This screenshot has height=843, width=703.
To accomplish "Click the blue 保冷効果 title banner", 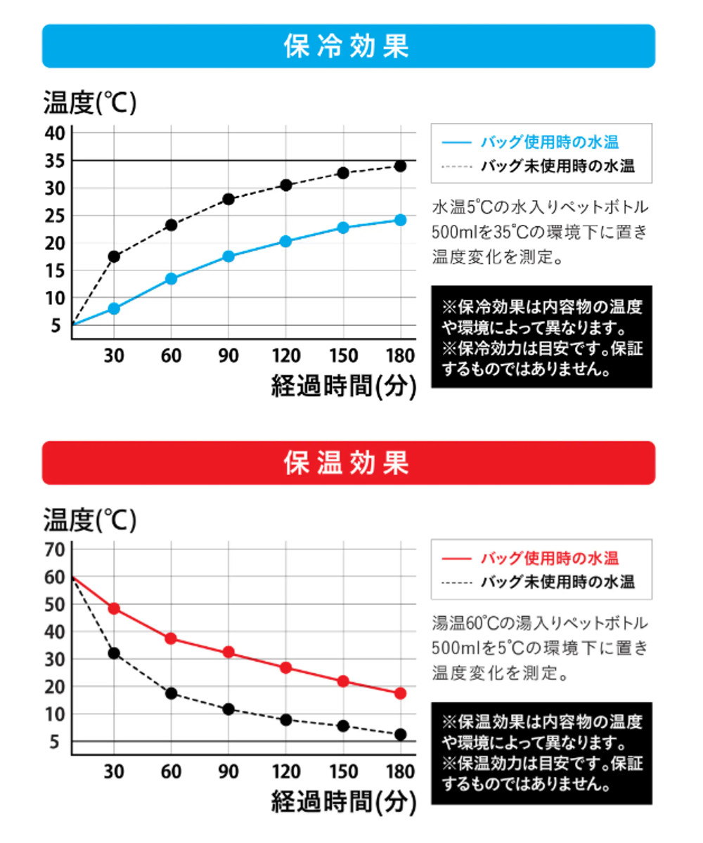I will click(x=348, y=46).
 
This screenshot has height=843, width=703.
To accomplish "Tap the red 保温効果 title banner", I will click(x=348, y=463).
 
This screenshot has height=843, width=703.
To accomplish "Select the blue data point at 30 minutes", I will click(x=114, y=308).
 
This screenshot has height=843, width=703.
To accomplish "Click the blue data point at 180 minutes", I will click(x=400, y=220).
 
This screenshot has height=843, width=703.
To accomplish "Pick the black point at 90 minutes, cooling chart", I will click(x=228, y=199).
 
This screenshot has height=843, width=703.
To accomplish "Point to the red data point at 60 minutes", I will click(x=171, y=639).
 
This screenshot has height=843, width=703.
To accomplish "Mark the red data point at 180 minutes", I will click(x=400, y=693).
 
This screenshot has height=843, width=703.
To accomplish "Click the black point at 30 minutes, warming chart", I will click(x=114, y=653).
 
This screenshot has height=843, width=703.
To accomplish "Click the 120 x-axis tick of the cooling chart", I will click(x=285, y=356).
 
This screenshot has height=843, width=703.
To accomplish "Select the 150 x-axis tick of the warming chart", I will click(x=343, y=771).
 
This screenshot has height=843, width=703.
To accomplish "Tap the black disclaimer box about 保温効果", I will click(x=541, y=753).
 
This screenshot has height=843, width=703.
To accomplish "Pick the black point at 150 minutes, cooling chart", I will click(x=343, y=173).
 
